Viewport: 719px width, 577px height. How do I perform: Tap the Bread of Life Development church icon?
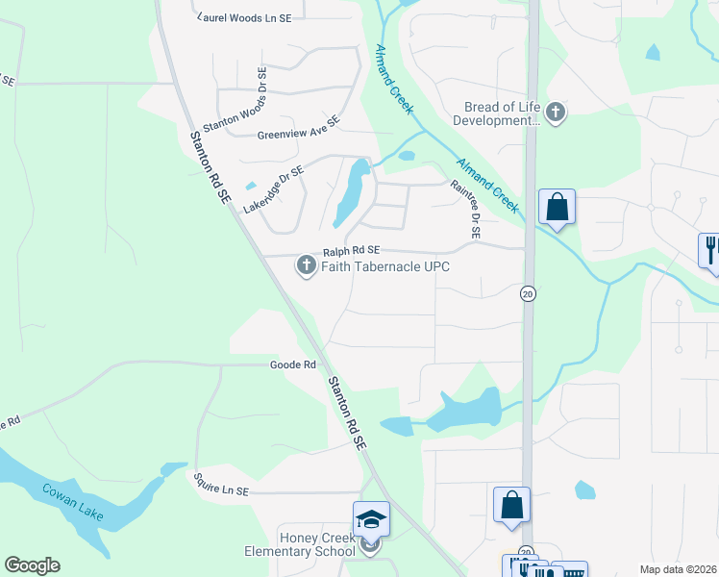tap(556, 114)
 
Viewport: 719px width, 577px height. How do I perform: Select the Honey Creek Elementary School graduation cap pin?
tap(371, 520)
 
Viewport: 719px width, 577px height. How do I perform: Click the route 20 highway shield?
tap(528, 293)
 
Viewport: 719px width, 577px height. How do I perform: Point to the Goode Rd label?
tap(293, 365)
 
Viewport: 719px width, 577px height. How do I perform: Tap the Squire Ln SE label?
tap(220, 490)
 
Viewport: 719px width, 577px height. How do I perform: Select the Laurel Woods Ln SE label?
tap(249, 17)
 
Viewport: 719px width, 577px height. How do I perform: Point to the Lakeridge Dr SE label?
tap(273, 188)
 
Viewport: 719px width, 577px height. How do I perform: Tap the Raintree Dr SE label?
tap(474, 211)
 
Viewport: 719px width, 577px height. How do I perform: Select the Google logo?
tap(32, 565)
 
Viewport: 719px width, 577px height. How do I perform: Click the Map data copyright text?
tap(678, 569)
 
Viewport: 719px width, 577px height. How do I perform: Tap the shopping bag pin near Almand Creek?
tap(557, 207)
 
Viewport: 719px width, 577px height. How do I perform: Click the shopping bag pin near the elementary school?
tap(512, 505)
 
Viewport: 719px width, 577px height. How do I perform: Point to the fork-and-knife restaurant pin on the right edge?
tap(709, 250)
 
